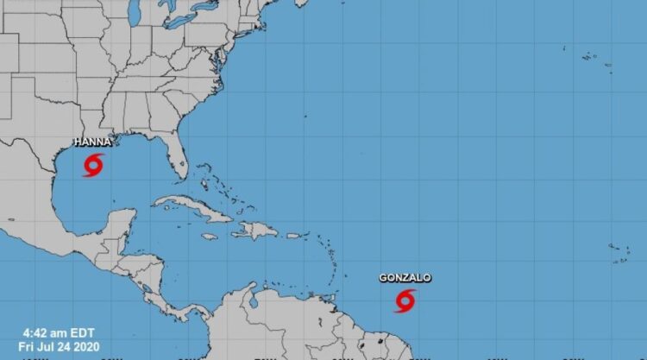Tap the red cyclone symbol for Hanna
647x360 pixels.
pyautogui.click(x=94, y=164)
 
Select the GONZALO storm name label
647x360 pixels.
pyautogui.click(x=405, y=278)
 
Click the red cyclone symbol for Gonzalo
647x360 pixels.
pyautogui.click(x=405, y=300)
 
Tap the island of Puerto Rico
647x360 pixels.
pyautogui.click(x=293, y=235)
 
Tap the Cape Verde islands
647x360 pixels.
pyautogui.click(x=619, y=251)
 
